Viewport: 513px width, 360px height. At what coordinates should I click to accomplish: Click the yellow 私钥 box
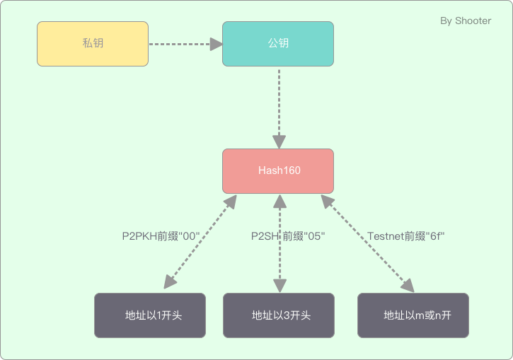pos(92,44)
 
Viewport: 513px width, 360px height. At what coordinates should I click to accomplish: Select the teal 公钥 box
pos(277,44)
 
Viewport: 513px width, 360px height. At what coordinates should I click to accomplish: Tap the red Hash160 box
pos(277,171)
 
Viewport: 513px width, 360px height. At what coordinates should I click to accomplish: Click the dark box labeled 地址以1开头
pos(150,315)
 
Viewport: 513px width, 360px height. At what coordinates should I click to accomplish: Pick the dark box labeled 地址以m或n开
pos(413,315)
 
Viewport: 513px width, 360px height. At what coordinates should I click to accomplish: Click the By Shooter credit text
pos(465,21)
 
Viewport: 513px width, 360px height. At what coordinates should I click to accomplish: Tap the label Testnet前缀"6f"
pos(405,236)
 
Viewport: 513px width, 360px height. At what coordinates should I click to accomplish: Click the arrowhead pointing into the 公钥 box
pos(216,44)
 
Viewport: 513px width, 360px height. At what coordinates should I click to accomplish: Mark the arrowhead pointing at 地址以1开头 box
pos(170,284)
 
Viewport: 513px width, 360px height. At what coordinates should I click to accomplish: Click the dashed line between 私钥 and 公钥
pos(180,44)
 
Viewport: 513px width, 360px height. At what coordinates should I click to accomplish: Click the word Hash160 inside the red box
pos(277,171)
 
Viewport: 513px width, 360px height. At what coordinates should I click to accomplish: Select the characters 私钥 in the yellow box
pos(92,44)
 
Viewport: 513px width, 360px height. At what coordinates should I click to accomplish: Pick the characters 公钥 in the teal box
pos(277,44)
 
